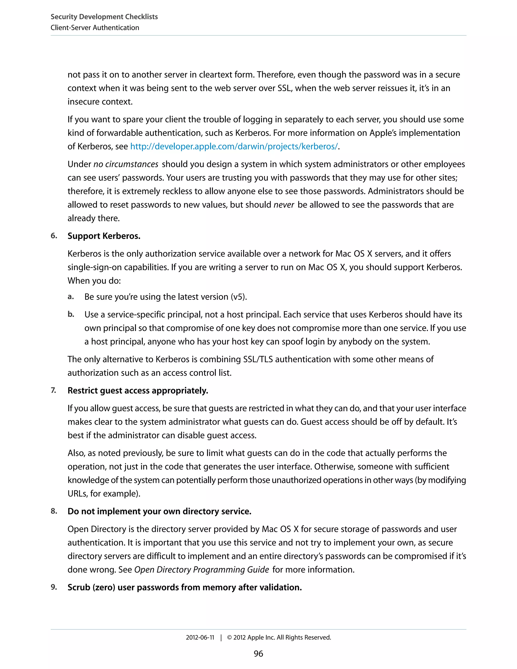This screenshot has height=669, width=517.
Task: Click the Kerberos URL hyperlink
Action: point(234,146)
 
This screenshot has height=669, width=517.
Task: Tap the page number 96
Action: point(258,654)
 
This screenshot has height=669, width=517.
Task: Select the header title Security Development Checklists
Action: point(104,17)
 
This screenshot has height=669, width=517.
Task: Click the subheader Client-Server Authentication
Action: point(95,28)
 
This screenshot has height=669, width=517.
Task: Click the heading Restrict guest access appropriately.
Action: point(138,391)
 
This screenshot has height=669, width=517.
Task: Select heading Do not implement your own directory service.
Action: point(159,511)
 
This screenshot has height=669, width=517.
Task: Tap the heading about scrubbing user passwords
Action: point(185,587)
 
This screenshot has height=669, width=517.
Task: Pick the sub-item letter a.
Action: point(70,297)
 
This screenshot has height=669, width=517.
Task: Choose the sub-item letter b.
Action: point(71,314)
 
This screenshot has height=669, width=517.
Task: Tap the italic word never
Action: point(283,205)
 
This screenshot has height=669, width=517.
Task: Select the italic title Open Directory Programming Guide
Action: point(201,570)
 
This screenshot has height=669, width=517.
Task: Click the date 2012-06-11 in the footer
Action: point(200,637)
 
